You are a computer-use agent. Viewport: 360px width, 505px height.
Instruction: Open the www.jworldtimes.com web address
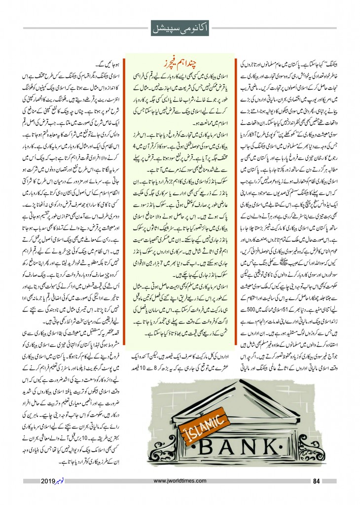pyautogui.click(x=180, y=482)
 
